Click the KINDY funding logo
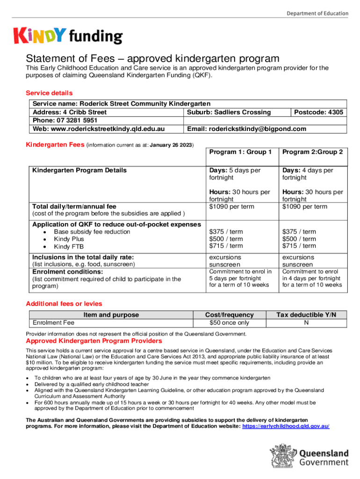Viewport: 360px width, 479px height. tap(68, 36)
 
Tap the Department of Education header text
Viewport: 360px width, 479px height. tap(317, 14)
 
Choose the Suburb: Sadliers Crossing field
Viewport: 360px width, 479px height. tap(229, 112)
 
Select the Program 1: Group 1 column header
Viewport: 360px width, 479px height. tap(240, 152)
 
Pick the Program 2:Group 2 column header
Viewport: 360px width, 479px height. tap(312, 152)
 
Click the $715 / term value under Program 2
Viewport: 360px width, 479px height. tap(299, 246)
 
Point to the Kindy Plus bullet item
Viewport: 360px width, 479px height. tap(70, 239)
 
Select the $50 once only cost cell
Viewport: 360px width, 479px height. tap(230, 323)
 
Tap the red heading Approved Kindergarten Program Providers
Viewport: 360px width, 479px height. tap(96, 341)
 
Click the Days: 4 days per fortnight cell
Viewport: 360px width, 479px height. tap(308, 174)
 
